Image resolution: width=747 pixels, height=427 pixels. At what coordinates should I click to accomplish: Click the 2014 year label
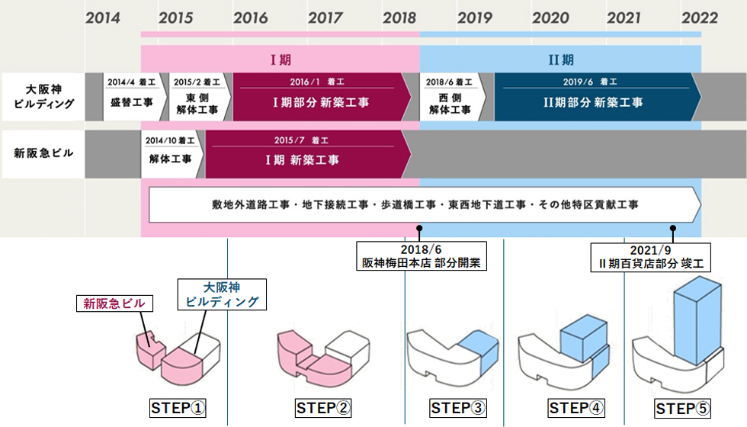point(103,17)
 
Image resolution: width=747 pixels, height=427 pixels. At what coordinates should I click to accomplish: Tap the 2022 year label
point(700,17)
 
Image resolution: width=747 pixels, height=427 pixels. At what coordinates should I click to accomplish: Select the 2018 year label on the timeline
point(399,17)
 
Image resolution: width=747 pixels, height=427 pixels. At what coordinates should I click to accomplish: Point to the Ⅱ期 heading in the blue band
point(560,59)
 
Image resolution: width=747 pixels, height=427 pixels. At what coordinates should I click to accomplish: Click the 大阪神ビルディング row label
point(44,96)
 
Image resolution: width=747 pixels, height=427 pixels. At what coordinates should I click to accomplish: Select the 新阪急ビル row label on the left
point(44,153)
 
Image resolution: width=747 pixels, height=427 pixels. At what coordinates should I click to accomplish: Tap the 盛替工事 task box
point(132,96)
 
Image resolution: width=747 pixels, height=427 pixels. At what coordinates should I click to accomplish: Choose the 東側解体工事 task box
point(198,96)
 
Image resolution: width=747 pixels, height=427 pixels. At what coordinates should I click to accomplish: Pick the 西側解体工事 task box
point(450,96)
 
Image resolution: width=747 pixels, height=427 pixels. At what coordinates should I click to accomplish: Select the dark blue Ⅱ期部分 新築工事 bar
point(592,96)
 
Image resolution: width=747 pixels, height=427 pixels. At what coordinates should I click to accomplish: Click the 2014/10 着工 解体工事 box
point(172,153)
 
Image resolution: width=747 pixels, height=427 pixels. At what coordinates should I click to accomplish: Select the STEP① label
point(178,409)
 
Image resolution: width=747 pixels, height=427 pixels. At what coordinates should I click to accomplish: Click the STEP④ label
point(575,409)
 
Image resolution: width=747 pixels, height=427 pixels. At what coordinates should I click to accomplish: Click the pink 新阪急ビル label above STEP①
point(114,303)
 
